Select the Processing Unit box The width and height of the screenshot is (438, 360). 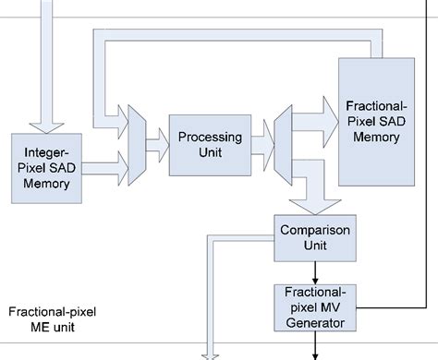(210, 143)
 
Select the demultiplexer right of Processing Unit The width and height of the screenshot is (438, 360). (282, 143)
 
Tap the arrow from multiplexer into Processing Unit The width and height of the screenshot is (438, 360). (157, 143)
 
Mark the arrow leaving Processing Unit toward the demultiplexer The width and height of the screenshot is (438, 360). (262, 143)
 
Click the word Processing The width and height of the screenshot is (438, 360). (210, 137)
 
